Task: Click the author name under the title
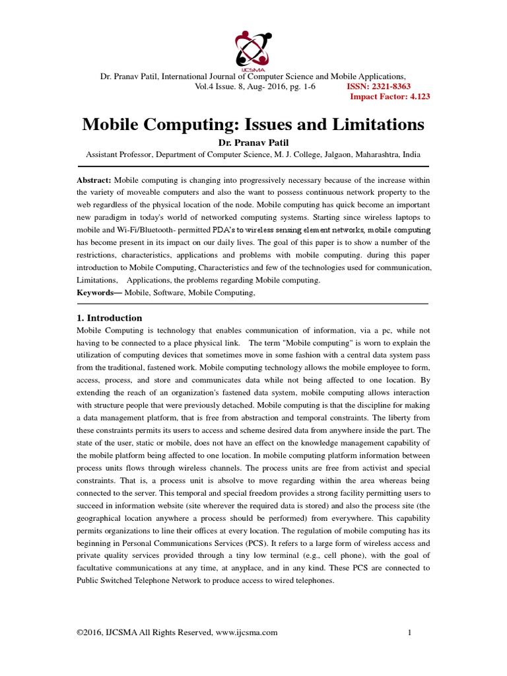click(253, 143)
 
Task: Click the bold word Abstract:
click(94, 180)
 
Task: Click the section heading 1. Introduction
click(109, 318)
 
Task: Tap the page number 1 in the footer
click(410, 632)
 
